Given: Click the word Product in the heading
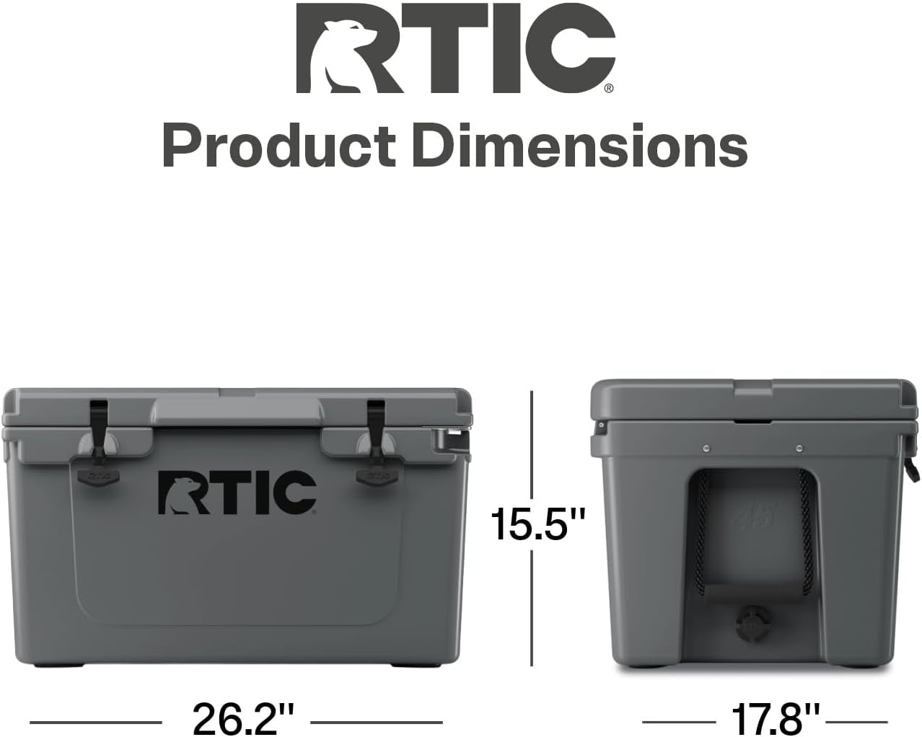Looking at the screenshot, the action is coord(279,146).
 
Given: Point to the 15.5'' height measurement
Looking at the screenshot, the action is coord(537,524).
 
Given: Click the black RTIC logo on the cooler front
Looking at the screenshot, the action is coord(237,493).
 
